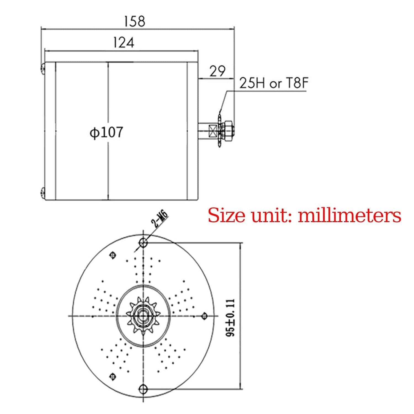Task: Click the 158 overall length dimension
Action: coord(134,21)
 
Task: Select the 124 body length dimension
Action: coord(123,43)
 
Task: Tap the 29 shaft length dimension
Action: coord(217,71)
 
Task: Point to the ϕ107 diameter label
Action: coord(106,133)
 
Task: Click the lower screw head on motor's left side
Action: coord(43,192)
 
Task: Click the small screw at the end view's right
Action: coord(204,316)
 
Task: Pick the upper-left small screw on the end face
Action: coord(112,255)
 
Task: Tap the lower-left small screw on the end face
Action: coord(112,376)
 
